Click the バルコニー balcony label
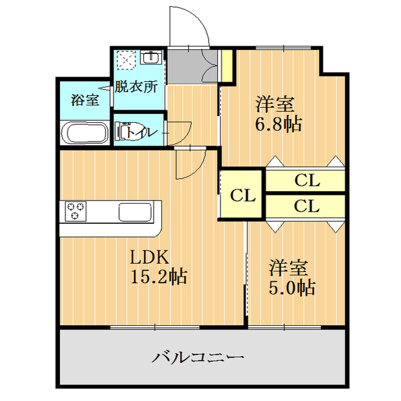tap(197, 358)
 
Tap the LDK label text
tap(147, 257)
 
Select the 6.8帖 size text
tap(278, 123)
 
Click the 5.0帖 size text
tap(292, 288)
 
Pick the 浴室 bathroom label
tap(85, 100)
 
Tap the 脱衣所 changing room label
tap(136, 88)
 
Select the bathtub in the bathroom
tap(86, 134)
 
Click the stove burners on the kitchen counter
tap(76, 211)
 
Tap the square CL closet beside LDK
tap(242, 195)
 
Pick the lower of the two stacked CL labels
tap(307, 205)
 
